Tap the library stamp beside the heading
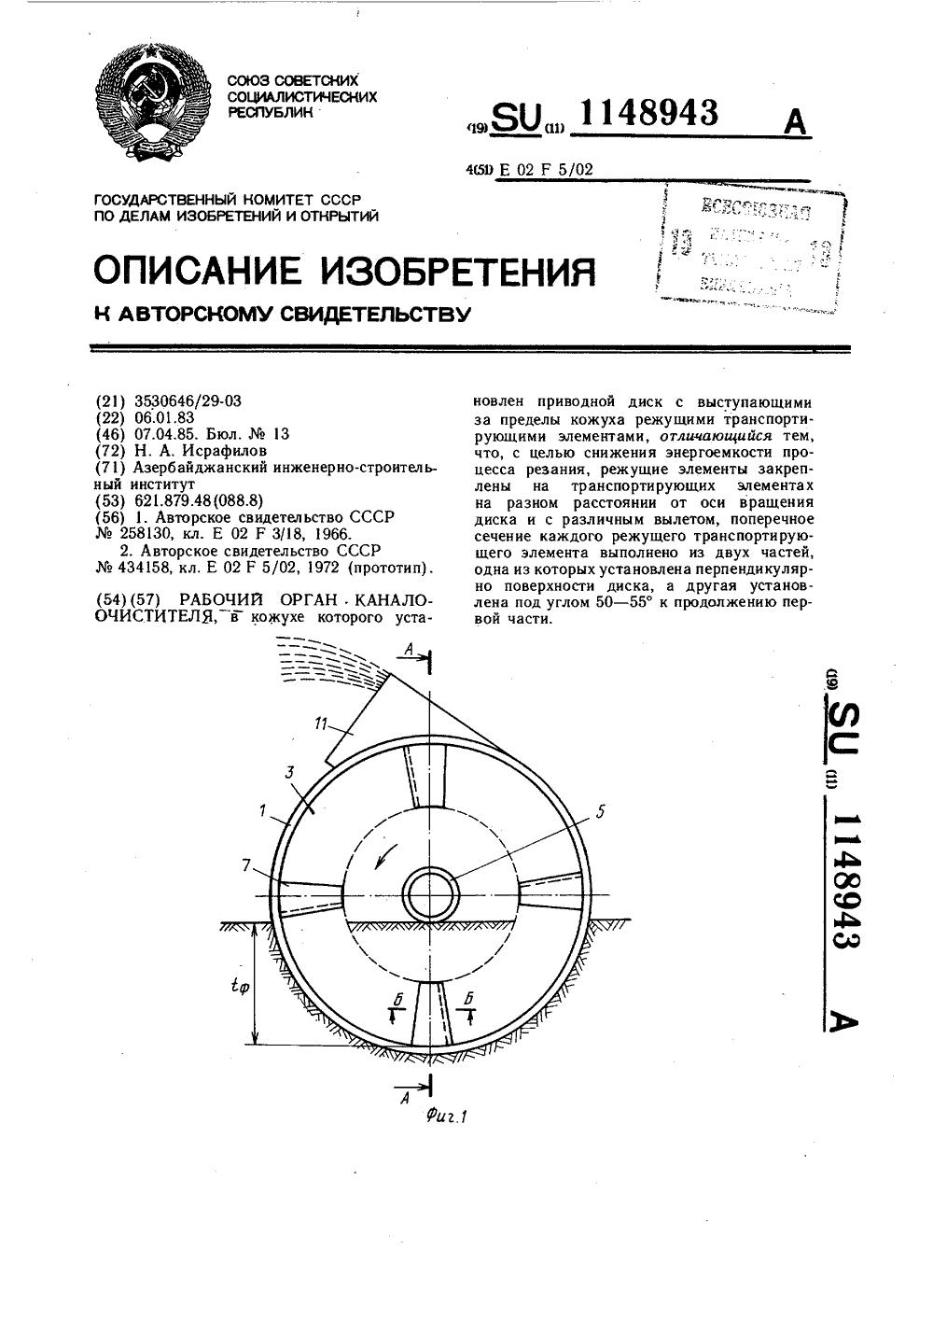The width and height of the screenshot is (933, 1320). point(750,248)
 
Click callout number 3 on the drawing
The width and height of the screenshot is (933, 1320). point(290,772)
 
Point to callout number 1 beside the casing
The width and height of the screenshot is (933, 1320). point(263,812)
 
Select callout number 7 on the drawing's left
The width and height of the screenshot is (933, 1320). point(245,865)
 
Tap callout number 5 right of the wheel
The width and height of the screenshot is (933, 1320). point(600,812)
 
